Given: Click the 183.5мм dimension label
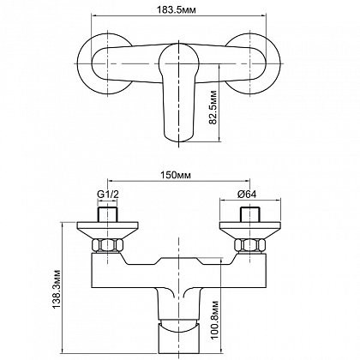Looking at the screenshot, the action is [177, 10].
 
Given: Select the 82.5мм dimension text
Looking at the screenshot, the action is [213, 107].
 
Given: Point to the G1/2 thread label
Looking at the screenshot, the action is [108, 195].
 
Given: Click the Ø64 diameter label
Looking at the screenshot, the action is [247, 195].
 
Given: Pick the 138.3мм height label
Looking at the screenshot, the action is [57, 289].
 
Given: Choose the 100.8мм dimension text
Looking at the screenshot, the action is [215, 320].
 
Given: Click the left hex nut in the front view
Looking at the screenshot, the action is [107, 245].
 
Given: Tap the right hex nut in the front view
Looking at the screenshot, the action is [250, 245].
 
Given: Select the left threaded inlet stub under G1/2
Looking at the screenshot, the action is [108, 214].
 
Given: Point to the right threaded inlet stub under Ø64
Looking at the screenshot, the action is [250, 214].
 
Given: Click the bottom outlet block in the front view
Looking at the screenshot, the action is [178, 338].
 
